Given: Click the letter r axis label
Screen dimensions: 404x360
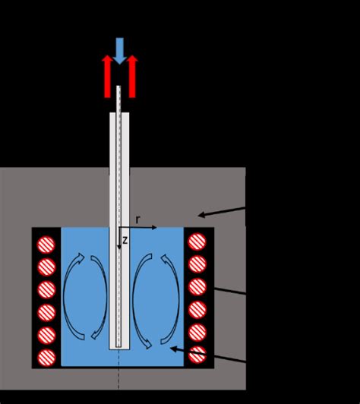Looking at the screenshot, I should click(138, 219).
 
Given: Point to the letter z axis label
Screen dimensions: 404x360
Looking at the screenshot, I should click(125, 240).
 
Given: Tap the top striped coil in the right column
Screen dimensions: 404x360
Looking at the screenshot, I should click(197, 242).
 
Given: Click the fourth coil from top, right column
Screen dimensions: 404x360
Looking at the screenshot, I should click(197, 309).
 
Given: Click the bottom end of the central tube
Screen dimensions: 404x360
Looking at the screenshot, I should click(119, 346).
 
